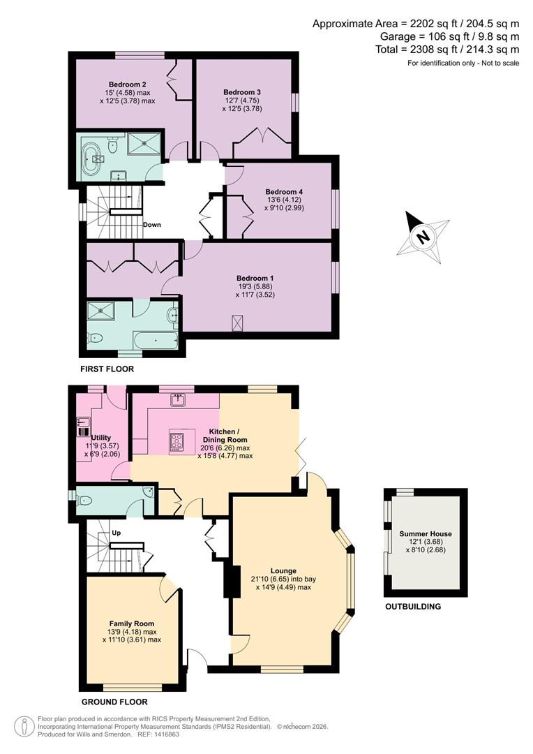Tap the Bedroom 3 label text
tap(242, 92)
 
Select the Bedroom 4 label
tap(284, 191)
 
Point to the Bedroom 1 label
tap(256, 276)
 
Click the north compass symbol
tap(423, 237)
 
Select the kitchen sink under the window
tap(178, 399)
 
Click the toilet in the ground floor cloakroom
tap(84, 500)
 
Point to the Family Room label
tap(132, 623)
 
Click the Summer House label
tap(425, 534)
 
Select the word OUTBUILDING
tap(413, 607)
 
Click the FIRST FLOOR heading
tap(107, 369)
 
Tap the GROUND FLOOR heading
tap(114, 702)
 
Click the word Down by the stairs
tap(152, 225)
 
